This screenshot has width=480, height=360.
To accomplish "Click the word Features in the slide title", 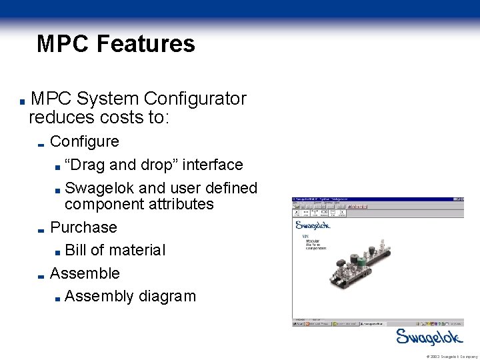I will coord(145,44).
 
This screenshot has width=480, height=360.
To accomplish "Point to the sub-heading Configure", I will coord(85,141).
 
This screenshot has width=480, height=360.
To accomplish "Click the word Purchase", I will coord(83,227).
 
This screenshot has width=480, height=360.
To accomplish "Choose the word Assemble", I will coord(85,273).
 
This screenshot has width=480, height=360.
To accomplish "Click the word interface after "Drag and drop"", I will coord(212,164).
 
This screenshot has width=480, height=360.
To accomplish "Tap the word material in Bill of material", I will coord(137,250).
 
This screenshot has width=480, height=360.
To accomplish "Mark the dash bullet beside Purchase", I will coord(41,230).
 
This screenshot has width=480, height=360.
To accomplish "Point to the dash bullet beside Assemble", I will coord(41,276).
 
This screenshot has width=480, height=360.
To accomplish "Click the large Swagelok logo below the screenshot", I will coord(426,337).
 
